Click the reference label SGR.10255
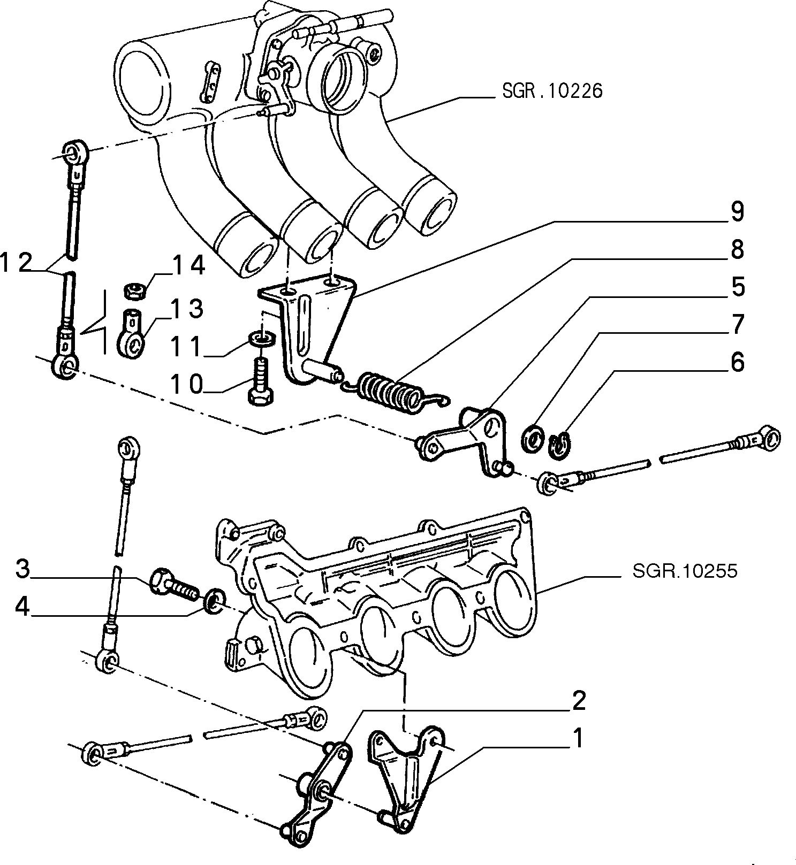point(685,571)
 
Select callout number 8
point(737,249)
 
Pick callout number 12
point(18,264)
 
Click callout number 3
point(22,569)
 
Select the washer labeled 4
point(216,601)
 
